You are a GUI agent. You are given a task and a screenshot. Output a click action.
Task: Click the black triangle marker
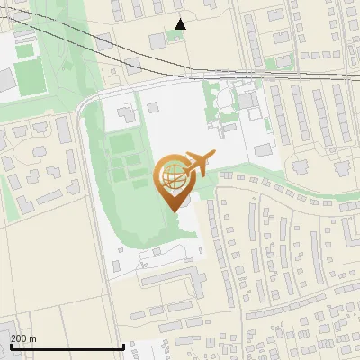(180, 24)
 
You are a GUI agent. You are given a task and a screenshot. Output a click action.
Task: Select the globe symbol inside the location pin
(171, 177)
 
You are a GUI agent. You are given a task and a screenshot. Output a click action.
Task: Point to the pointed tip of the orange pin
(172, 211)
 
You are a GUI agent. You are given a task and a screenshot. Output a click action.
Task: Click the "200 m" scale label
(23, 337)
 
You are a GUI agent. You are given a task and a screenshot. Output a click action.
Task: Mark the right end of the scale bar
(123, 346)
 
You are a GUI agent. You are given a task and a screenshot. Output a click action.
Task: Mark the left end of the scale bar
(10, 346)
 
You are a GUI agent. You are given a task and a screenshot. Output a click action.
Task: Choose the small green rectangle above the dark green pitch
(25, 51)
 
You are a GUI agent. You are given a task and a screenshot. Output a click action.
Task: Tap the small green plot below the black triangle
(175, 40)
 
